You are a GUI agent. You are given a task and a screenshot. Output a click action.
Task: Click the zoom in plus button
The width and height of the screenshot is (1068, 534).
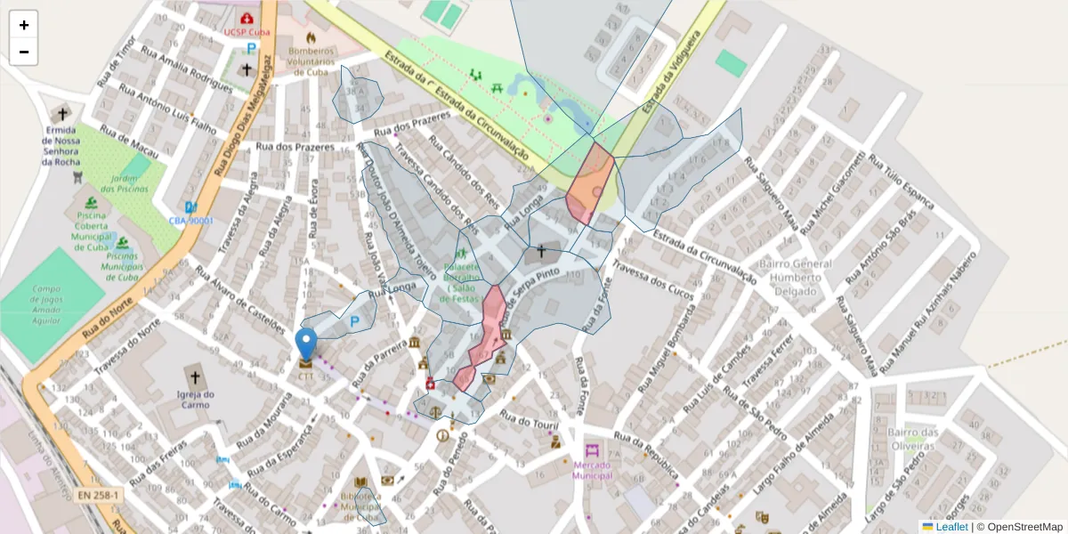[x=24, y=25]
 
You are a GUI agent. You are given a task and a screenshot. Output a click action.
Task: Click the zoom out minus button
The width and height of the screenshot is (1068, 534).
[x=24, y=52]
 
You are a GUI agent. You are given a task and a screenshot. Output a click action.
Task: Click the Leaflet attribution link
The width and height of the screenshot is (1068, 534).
[x=951, y=527]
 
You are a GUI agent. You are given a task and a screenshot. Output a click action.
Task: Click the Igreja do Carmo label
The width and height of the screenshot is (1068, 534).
[x=196, y=400]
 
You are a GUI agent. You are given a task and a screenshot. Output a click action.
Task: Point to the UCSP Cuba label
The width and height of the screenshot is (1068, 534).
[x=247, y=32]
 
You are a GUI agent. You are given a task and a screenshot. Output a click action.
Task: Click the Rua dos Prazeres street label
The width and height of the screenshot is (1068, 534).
[x=294, y=147]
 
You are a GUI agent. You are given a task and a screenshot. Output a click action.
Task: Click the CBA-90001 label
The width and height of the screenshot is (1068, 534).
[x=191, y=220]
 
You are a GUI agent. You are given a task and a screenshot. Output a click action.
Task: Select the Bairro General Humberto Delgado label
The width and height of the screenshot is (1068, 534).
[x=795, y=278]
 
